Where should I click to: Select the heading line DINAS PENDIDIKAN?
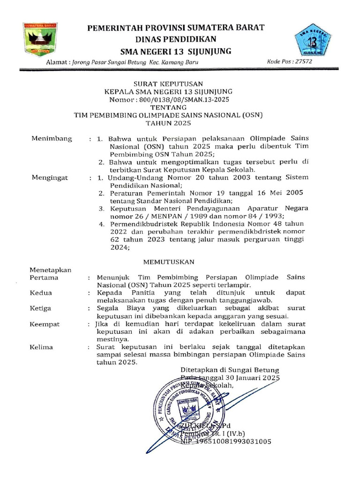[176, 39]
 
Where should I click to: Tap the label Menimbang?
[52, 139]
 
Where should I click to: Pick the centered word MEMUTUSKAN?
[168, 261]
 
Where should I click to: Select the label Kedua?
[41, 292]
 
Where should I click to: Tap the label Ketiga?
[41, 308]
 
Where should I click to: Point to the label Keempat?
[45, 324]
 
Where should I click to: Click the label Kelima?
[42, 347]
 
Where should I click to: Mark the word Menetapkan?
[50, 270]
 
